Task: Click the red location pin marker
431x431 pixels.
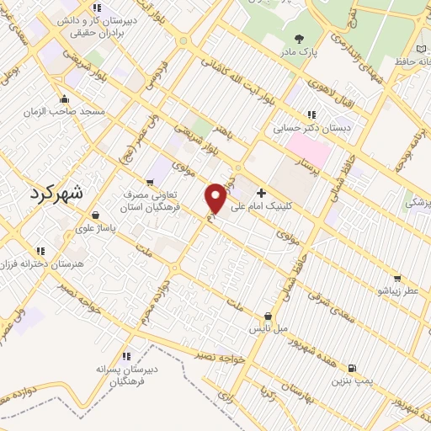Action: point(216,198)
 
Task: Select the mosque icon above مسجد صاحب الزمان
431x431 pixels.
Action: point(65,98)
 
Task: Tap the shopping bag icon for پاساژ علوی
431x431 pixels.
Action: point(95,215)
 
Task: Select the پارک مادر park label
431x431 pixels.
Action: point(301,51)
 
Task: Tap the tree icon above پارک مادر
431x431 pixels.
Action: point(301,38)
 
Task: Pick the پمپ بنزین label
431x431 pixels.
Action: point(351,381)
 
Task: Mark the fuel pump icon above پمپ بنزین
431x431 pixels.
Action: point(351,368)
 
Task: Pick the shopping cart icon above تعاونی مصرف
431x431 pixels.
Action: point(150,182)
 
